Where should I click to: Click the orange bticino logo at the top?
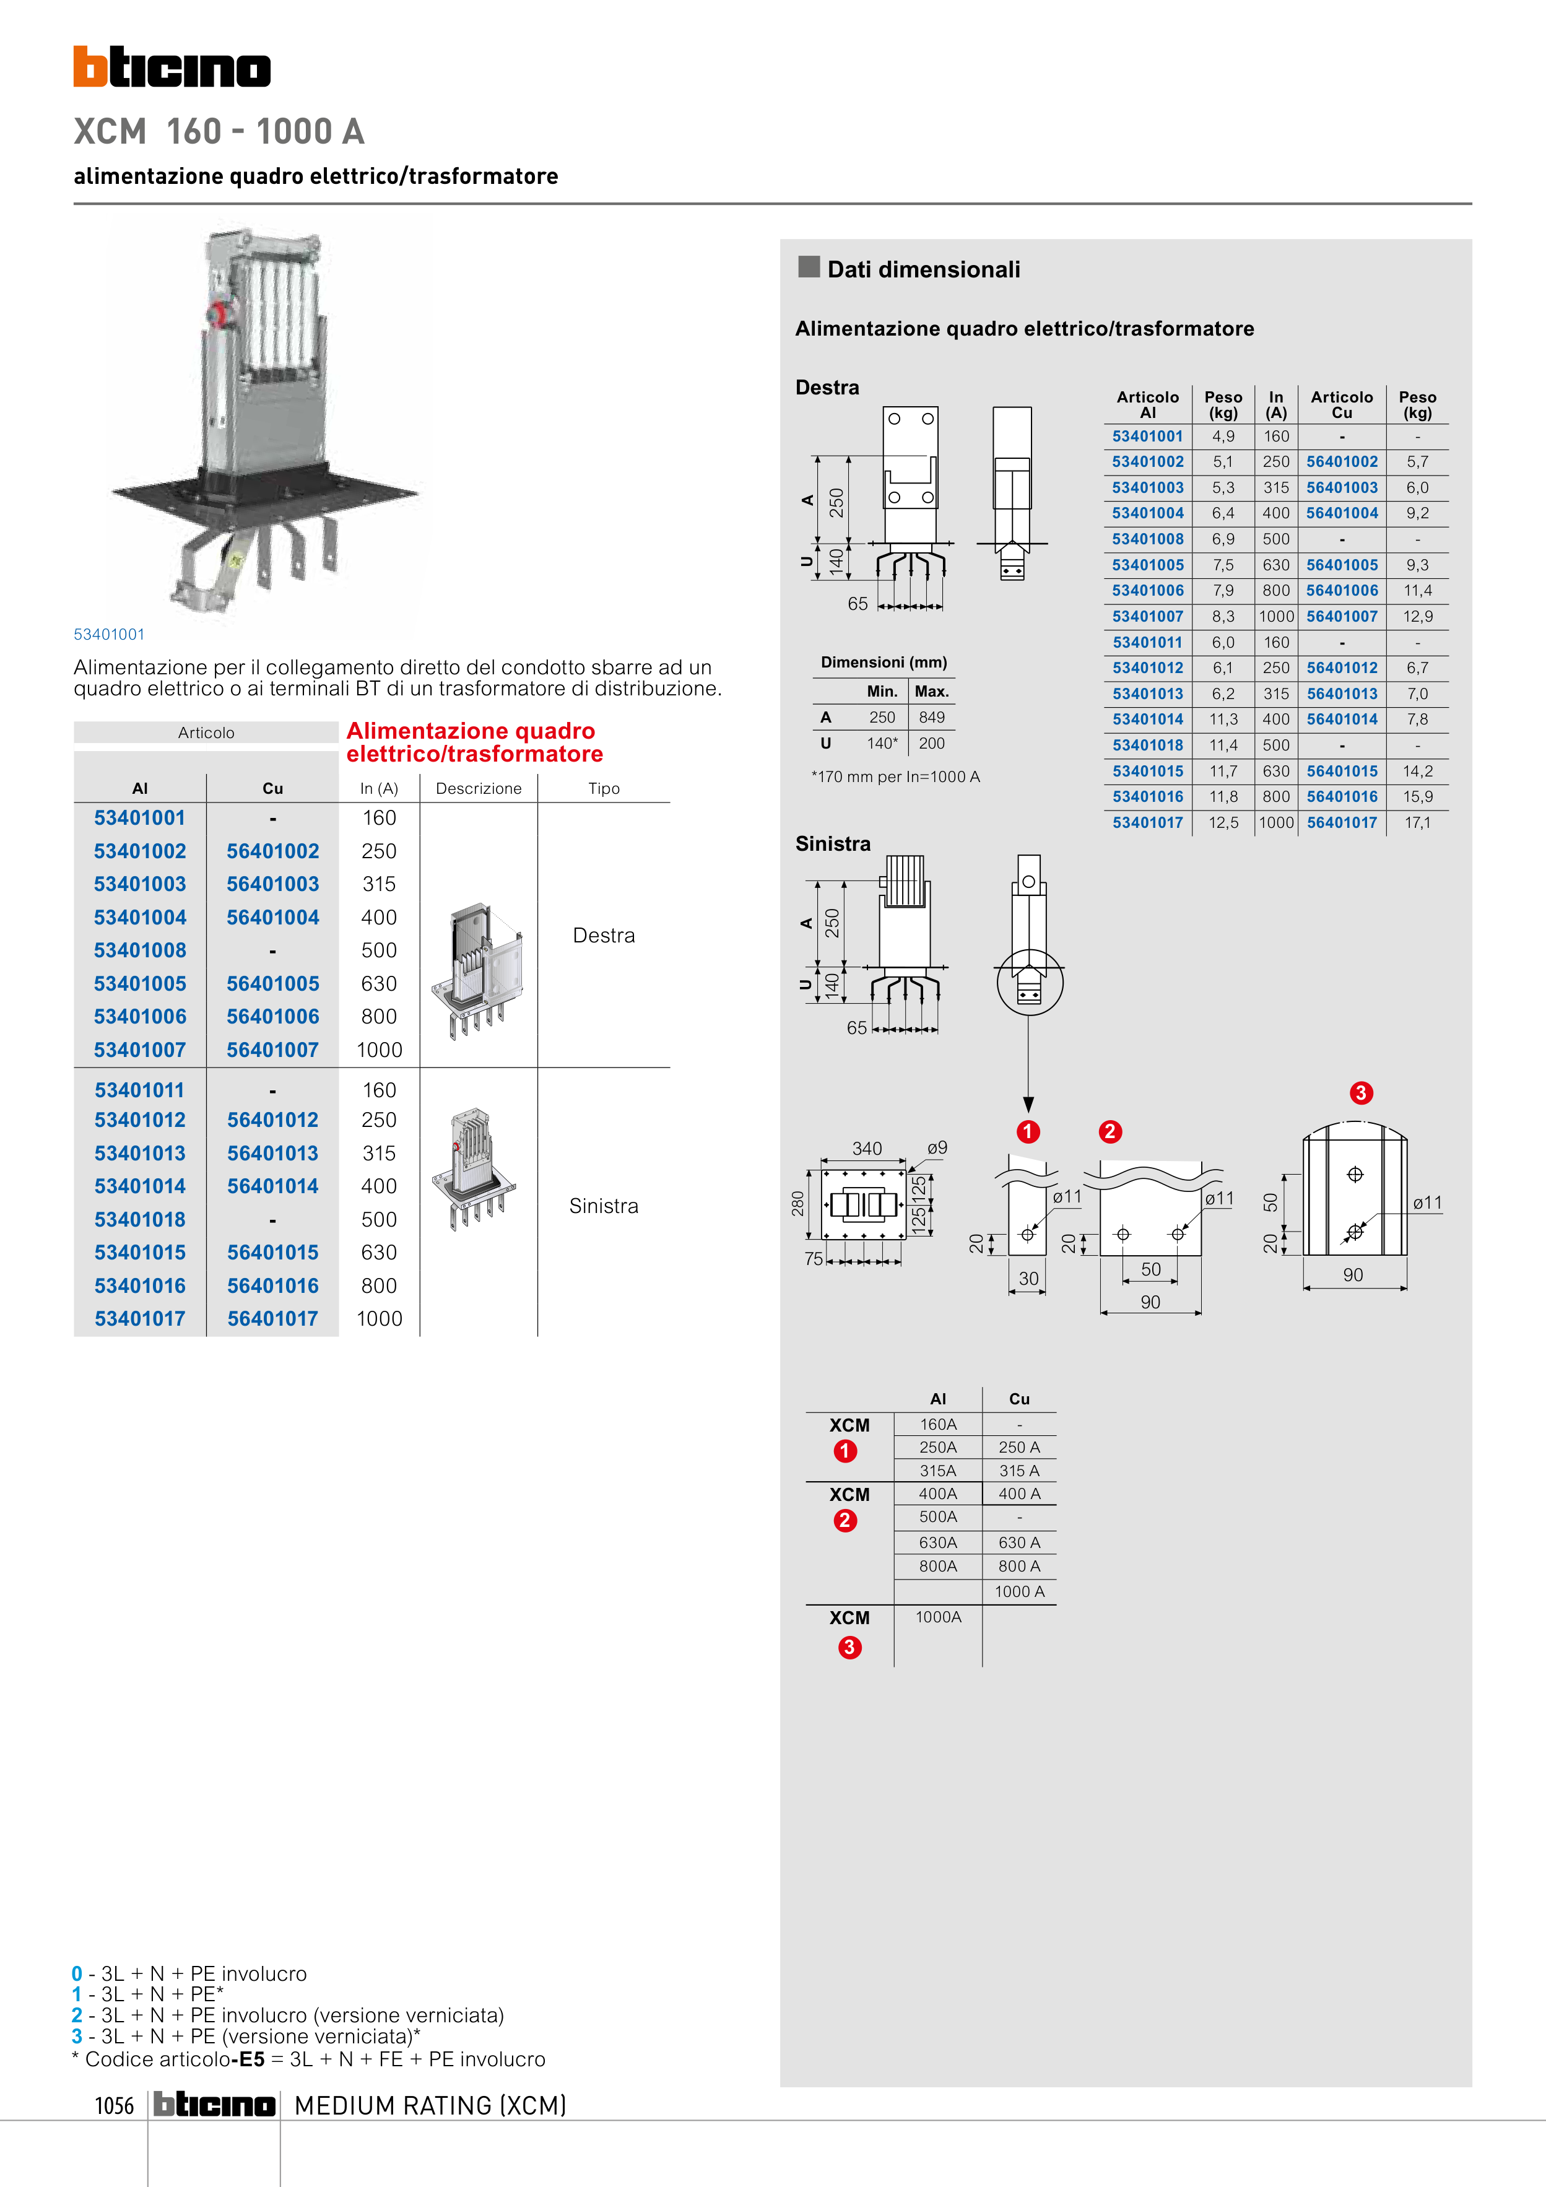click(172, 67)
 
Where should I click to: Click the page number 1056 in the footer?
click(115, 2105)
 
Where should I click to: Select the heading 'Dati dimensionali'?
click(923, 269)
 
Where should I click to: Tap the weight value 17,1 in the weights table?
click(1417, 822)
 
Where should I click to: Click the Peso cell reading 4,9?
click(1223, 437)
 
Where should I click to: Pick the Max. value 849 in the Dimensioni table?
click(932, 717)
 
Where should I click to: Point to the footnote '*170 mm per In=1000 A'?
click(895, 776)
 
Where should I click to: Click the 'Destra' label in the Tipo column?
click(604, 936)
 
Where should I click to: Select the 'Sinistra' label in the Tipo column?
click(604, 1206)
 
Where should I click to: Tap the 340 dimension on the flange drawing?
click(867, 1148)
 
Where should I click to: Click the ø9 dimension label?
click(937, 1148)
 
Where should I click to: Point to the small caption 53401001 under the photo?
click(110, 635)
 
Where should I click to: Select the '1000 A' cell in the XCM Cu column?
click(1019, 1592)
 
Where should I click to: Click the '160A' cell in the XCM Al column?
click(938, 1424)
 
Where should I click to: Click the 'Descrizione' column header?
click(478, 789)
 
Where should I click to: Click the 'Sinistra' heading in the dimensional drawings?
click(833, 844)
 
